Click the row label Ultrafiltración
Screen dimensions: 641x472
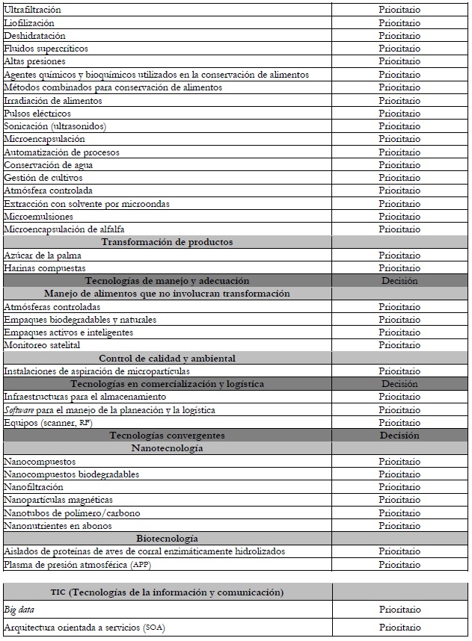pos(32,10)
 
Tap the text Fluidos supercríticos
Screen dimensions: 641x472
pos(46,49)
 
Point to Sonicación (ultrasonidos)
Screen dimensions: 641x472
pos(55,126)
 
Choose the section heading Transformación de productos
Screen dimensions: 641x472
pos(167,242)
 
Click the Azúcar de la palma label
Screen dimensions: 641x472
pos(43,255)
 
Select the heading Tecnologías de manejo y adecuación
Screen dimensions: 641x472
pos(167,281)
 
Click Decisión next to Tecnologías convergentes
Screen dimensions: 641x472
pos(399,435)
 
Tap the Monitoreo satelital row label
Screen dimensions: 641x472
pos(42,345)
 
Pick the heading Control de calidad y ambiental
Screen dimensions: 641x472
pos(167,358)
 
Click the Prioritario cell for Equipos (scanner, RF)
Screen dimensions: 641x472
pos(399,422)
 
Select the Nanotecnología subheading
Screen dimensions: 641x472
pos(167,448)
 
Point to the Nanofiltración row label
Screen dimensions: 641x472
pos(33,487)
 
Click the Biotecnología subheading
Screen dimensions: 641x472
pos(167,538)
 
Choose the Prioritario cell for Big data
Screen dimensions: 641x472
pos(399,610)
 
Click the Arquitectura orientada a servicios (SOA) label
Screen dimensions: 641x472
pos(83,628)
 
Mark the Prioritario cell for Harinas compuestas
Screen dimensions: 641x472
pos(399,267)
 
